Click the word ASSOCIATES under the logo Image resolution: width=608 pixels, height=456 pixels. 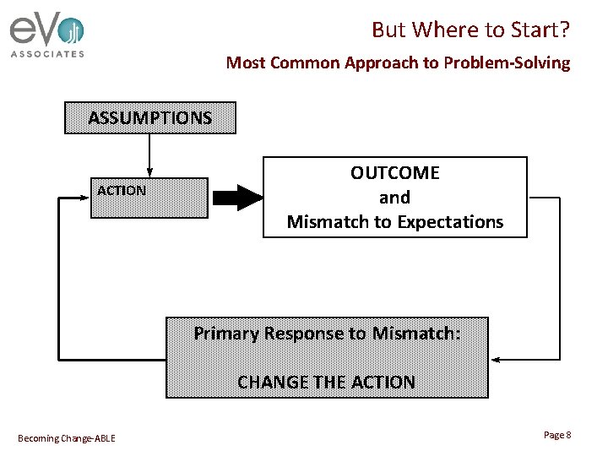pyautogui.click(x=47, y=54)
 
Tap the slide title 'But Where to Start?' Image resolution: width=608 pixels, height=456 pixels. pyautogui.click(x=470, y=30)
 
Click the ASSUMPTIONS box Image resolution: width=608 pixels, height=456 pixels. pyautogui.click(x=150, y=118)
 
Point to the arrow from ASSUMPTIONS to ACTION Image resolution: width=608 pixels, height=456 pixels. pyautogui.click(x=149, y=155)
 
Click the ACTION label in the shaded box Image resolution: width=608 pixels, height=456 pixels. pyautogui.click(x=122, y=191)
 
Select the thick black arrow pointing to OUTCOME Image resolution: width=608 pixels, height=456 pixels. pyautogui.click(x=237, y=198)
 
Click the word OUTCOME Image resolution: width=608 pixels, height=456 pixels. pyautogui.click(x=395, y=173)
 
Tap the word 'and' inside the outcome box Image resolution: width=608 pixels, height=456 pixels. pyautogui.click(x=394, y=198)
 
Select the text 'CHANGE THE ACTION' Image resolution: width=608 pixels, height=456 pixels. pyautogui.click(x=327, y=382)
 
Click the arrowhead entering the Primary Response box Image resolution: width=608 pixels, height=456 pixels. pyautogui.click(x=496, y=360)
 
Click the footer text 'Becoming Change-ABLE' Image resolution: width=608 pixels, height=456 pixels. pyautogui.click(x=67, y=437)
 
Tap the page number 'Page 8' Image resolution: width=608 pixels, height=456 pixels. pyautogui.click(x=557, y=435)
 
